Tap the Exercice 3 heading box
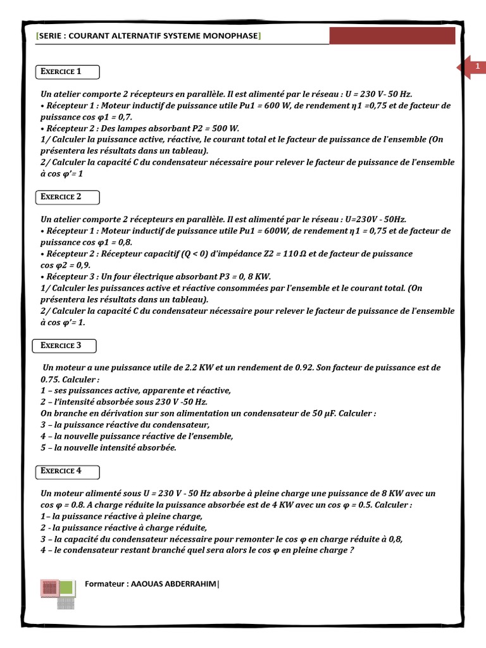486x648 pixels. [x=65, y=346]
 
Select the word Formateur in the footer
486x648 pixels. [x=104, y=584]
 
